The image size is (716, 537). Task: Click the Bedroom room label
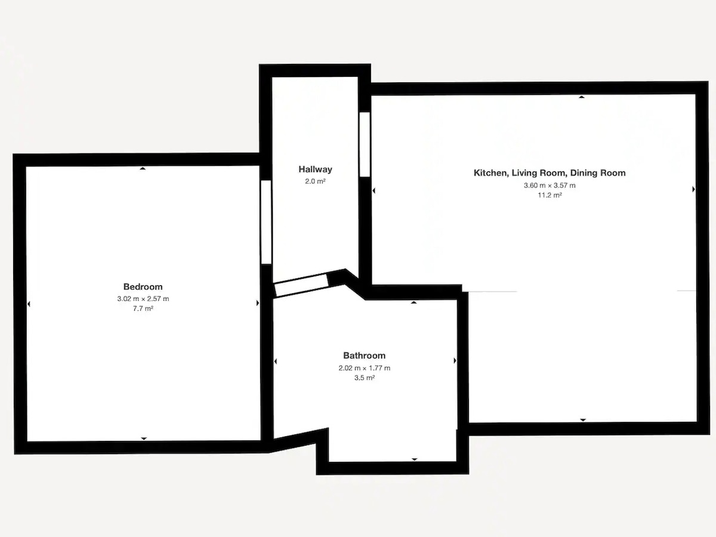[143, 286]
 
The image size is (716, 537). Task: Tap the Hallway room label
[315, 169]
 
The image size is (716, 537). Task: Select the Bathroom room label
[364, 356]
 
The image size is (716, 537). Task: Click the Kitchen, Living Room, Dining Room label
[550, 173]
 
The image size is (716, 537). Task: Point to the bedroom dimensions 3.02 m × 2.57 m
[143, 299]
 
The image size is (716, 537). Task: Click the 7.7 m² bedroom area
[143, 308]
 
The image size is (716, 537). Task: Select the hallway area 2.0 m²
[315, 181]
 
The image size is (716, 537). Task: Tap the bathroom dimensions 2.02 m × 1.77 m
[365, 368]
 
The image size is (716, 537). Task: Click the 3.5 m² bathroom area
[365, 378]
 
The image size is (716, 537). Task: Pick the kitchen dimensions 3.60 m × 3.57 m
[550, 186]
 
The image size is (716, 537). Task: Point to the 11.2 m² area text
[550, 195]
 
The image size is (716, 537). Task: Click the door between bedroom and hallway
[266, 222]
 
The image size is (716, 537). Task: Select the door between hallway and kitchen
[365, 144]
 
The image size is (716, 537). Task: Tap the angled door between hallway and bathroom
[301, 285]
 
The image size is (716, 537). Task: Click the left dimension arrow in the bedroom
[29, 304]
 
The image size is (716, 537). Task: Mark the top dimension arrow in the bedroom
[143, 168]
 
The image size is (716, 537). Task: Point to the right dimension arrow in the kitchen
[693, 189]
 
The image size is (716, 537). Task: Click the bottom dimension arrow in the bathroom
[414, 459]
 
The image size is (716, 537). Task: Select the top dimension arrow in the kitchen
[581, 97]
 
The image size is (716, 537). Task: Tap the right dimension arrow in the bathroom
[455, 360]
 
